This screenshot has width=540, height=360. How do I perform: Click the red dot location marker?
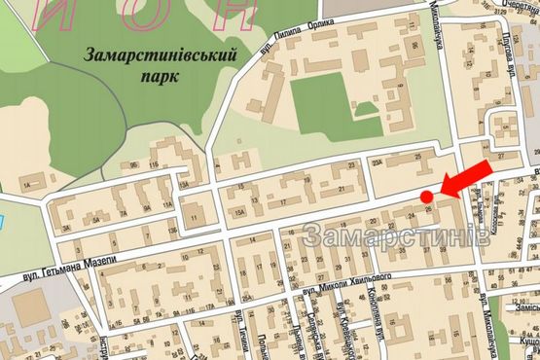pos(426,198)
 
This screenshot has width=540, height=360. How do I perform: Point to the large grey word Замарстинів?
pos(389,236)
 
